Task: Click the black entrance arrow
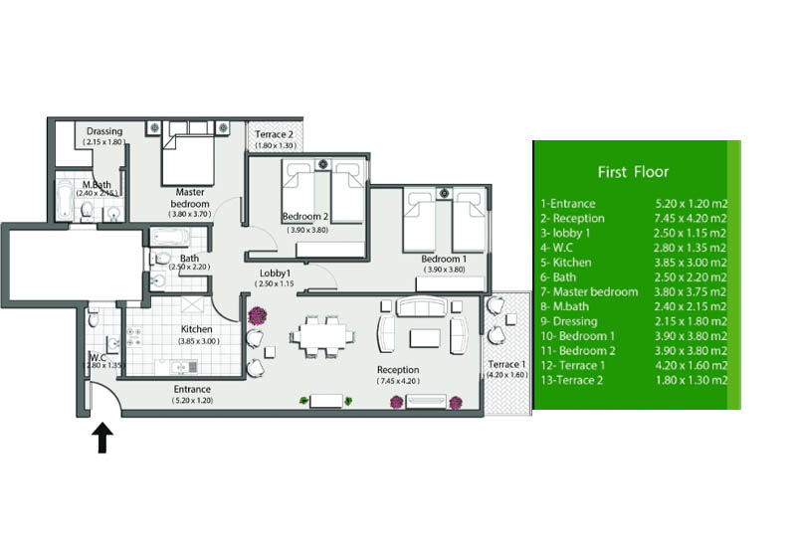coord(102,438)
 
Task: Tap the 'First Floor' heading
coord(633,172)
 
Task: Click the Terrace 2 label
coord(274,134)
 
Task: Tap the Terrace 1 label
coord(505,364)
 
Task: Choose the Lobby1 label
coord(274,273)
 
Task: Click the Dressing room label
coord(104,130)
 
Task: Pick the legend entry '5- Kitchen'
coord(566,263)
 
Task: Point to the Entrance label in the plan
coord(192,389)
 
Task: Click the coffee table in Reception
coord(425,338)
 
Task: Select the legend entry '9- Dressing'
coord(569,321)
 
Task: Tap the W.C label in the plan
coord(98,358)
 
